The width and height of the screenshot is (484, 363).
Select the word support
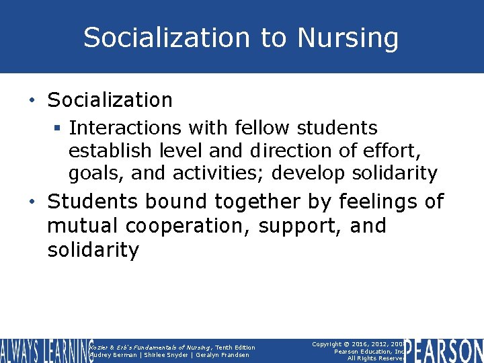[301, 226]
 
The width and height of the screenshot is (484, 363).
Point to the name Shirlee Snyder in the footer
[161, 355]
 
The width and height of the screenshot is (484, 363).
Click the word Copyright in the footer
[331, 344]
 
